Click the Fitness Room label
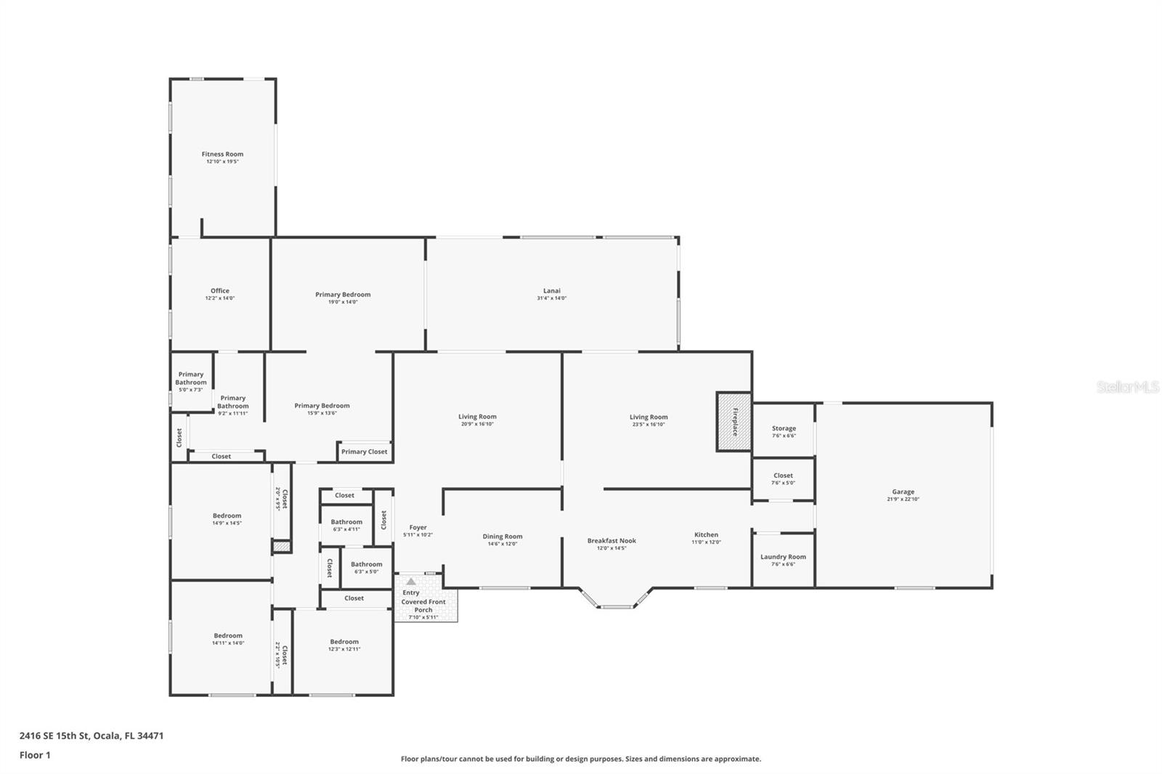[222, 154]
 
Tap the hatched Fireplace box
[734, 422]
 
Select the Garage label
[903, 492]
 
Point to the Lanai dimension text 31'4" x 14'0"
[551, 298]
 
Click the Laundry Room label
[783, 557]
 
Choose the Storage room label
[784, 428]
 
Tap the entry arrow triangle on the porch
[411, 582]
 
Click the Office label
[219, 290]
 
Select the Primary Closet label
[364, 452]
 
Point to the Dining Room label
[502, 537]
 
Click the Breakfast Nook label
[612, 540]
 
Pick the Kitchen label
[706, 534]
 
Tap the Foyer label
[418, 527]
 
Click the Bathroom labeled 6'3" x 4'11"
[346, 522]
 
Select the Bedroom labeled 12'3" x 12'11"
[344, 642]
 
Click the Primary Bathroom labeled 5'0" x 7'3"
[191, 378]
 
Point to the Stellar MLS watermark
[1127, 387]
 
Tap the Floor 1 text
[35, 755]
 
